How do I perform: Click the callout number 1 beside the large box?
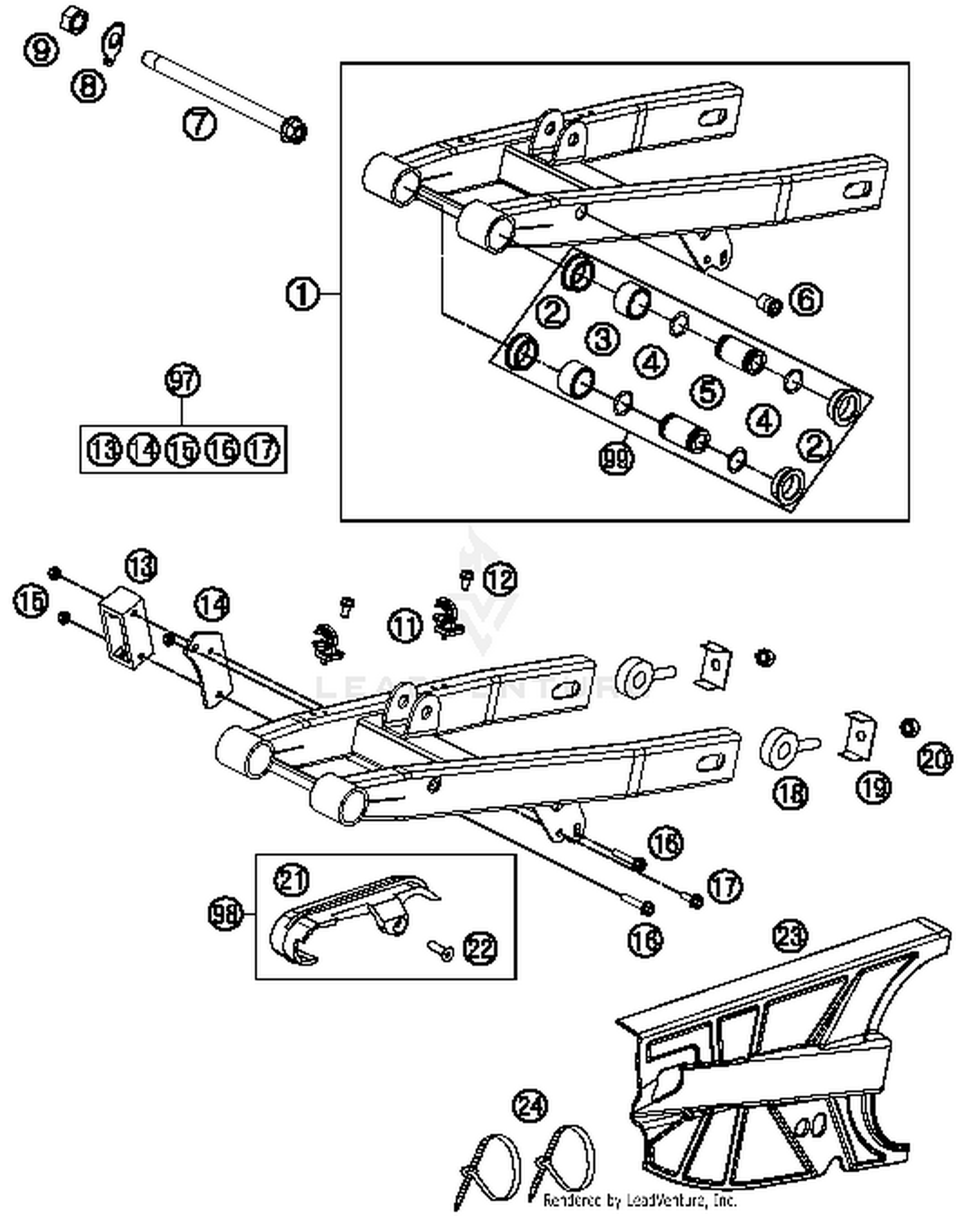[301, 294]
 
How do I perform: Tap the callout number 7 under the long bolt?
[199, 124]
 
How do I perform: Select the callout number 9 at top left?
[41, 49]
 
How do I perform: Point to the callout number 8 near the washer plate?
[88, 85]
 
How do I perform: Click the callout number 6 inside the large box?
[806, 300]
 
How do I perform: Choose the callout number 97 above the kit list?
[183, 381]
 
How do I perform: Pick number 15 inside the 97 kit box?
[182, 449]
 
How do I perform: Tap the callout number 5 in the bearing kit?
[708, 390]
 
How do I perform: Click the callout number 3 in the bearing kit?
[603, 338]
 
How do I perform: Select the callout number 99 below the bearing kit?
[616, 458]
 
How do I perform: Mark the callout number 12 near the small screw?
[500, 579]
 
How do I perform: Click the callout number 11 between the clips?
[405, 626]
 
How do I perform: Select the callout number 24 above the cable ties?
[529, 1106]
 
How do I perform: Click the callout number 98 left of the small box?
[226, 913]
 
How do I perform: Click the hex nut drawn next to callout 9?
[75, 21]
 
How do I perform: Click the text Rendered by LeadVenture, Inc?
[639, 1200]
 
